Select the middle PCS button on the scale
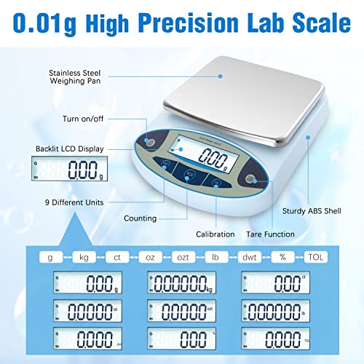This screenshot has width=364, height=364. tap(191, 174)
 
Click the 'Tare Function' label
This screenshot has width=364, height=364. tap(270, 234)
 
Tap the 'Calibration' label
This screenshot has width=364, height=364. tap(215, 234)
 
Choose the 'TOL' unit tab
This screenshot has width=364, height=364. tap(313, 257)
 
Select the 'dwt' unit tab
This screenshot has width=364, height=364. tap(248, 257)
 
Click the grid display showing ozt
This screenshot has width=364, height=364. tap(181, 312)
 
